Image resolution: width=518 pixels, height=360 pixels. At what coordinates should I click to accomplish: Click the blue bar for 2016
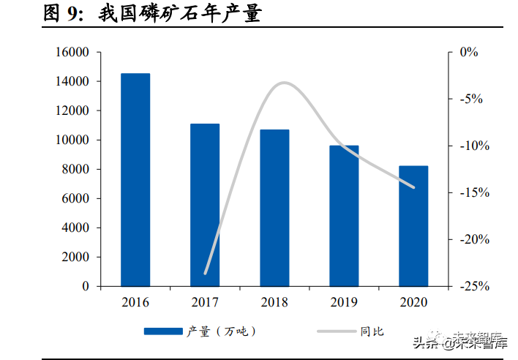tap(135, 180)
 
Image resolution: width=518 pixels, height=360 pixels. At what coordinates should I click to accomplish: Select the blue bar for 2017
tap(205, 205)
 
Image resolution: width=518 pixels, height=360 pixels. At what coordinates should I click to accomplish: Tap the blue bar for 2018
tap(274, 208)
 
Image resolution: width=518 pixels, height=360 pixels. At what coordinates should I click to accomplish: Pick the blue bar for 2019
tap(344, 216)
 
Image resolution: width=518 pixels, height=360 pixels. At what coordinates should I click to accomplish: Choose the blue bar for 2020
tap(413, 226)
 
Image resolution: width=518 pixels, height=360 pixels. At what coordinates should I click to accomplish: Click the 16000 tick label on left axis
tap(72, 52)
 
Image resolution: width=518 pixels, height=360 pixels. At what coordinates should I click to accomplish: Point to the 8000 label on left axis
tap(75, 169)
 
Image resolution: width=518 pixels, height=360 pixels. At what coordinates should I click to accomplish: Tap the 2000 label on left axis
tap(75, 257)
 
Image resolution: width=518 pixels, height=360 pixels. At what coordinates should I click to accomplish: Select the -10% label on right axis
tap(474, 146)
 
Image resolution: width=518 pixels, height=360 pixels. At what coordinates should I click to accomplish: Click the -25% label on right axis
tap(474, 286)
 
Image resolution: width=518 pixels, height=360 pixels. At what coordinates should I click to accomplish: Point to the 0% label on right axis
tap(469, 52)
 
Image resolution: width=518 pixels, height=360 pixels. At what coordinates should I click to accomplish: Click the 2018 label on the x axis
tap(274, 302)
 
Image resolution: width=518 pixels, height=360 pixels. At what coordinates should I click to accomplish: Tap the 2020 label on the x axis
tap(413, 302)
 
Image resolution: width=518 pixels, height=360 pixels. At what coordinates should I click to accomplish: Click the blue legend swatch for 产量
tap(163, 331)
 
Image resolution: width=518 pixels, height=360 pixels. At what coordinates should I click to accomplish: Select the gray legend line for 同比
tap(337, 331)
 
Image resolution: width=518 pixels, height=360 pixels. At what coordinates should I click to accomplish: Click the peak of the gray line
tap(284, 83)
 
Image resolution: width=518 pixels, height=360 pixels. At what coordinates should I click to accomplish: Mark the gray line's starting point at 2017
tap(205, 274)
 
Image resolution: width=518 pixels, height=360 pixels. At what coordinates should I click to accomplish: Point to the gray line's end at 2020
tap(413, 187)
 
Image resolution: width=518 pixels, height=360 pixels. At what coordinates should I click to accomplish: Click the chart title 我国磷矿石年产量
tap(180, 14)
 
